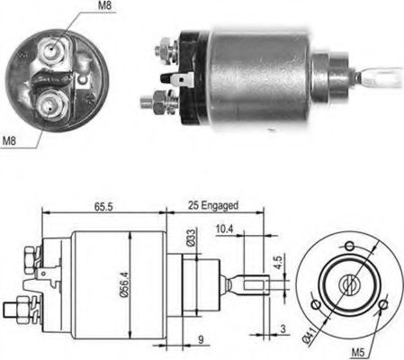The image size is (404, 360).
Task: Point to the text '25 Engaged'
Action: [x=213, y=205]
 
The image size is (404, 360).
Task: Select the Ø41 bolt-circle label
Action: [x=308, y=337]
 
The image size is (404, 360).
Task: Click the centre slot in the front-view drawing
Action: [x=348, y=281]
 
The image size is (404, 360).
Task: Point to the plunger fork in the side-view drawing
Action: [x=252, y=284]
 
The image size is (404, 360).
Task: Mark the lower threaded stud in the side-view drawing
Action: [x=16, y=310]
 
